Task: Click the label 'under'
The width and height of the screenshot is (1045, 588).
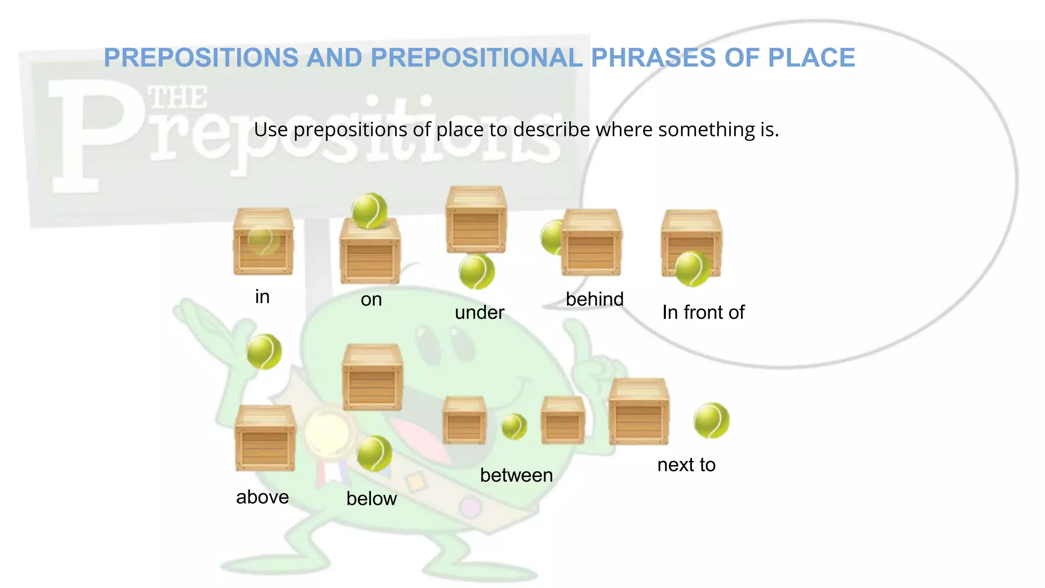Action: pos(479,312)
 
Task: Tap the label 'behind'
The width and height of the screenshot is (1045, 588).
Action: pos(594,299)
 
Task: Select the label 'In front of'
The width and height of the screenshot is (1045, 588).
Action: pos(703,312)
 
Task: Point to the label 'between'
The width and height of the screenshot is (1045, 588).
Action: pos(516,475)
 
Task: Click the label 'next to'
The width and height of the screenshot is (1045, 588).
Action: pos(686,465)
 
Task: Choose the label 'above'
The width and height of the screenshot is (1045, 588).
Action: pos(262,497)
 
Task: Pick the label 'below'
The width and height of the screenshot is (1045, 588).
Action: pos(371,499)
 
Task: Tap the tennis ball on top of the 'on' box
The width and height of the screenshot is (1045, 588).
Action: pos(369,210)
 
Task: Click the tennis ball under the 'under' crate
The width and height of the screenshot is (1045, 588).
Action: pos(477,272)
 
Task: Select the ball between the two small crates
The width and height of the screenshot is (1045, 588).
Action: pos(514,426)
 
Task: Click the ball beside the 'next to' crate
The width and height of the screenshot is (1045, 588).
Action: pos(711,421)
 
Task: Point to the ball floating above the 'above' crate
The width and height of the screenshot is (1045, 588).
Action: pos(264,352)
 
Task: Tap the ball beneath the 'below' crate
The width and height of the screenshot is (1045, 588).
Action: pos(374,453)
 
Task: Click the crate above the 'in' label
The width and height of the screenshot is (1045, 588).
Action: pos(263,241)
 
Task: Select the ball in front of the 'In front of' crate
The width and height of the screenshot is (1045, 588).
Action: pos(692,268)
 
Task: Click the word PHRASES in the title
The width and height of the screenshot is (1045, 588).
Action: pos(653,58)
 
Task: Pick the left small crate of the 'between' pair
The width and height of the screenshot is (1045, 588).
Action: pos(464,421)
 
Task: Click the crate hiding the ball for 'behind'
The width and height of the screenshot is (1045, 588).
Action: pos(592,242)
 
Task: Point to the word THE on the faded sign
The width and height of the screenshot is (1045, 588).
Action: pos(178,97)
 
